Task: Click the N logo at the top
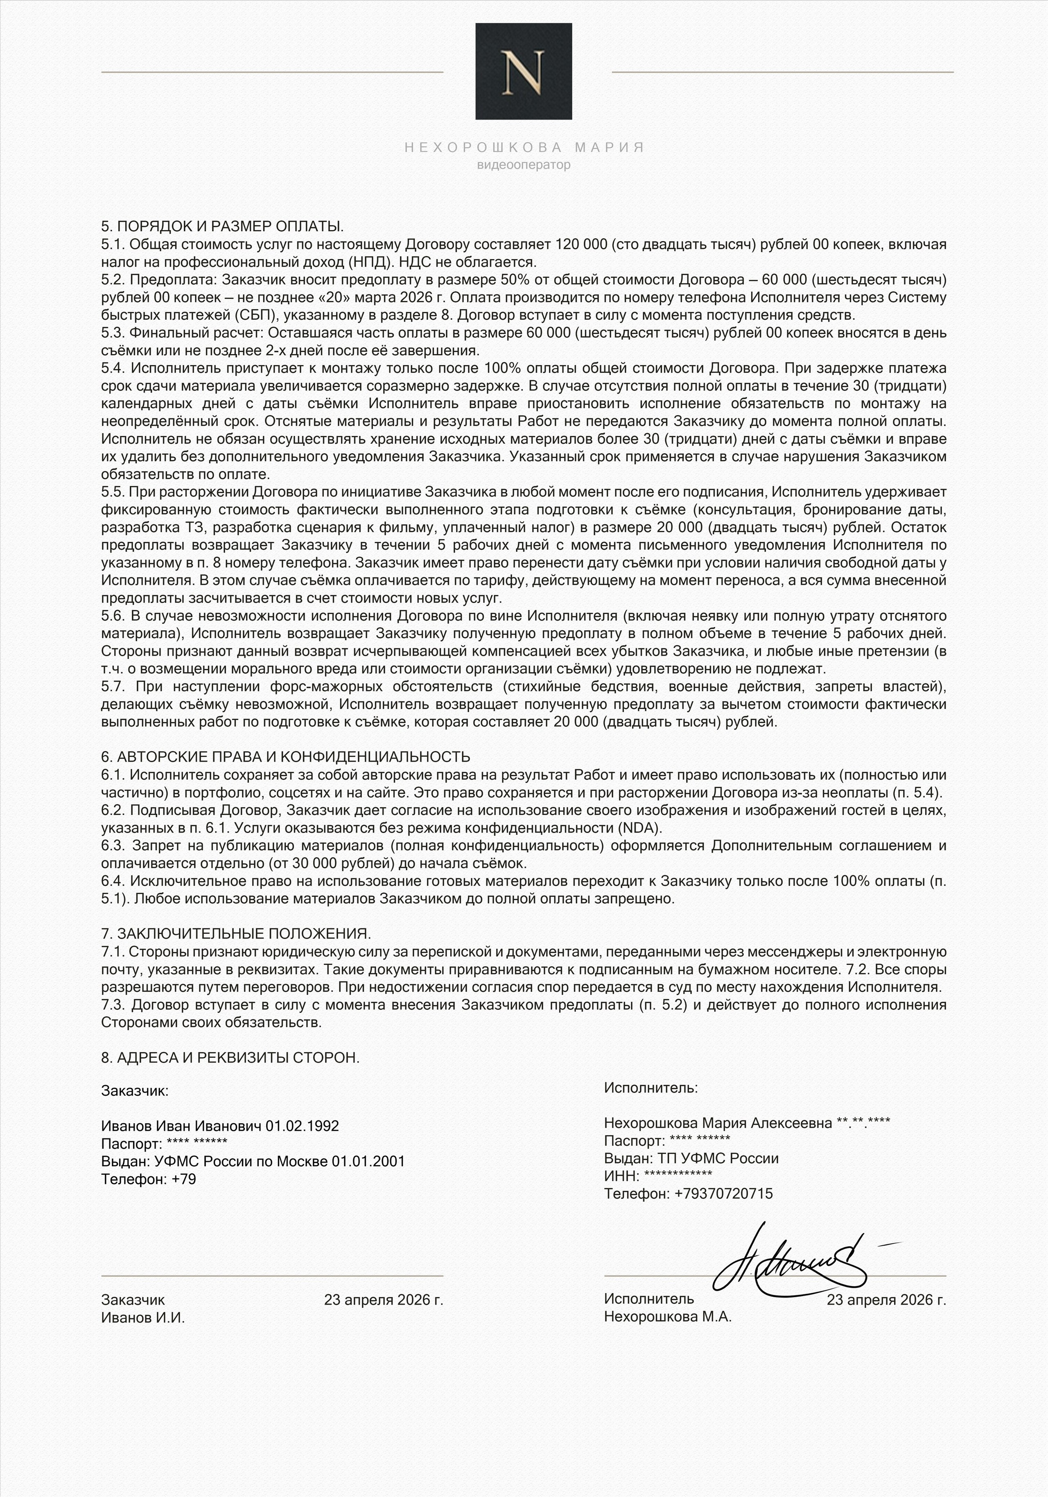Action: click(523, 71)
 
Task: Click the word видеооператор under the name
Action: click(523, 165)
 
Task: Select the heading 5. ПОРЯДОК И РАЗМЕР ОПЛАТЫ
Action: click(222, 227)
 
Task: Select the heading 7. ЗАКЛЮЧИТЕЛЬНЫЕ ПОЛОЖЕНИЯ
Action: click(236, 934)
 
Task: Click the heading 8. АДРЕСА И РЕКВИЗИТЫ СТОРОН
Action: click(230, 1057)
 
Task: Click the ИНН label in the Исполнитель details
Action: click(621, 1176)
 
